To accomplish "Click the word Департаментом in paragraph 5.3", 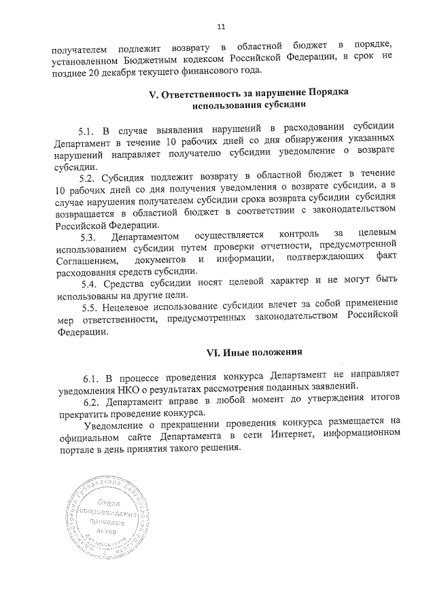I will point(147,236).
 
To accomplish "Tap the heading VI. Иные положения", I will point(254,353).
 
